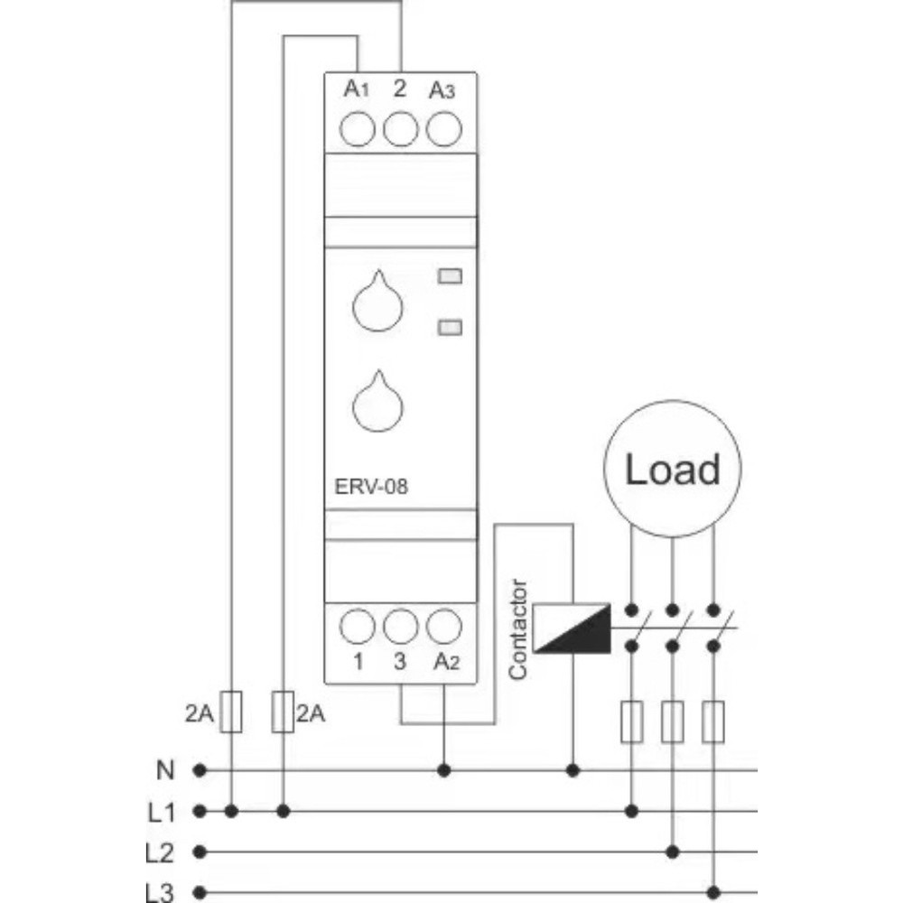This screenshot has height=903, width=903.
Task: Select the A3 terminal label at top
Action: (x=442, y=90)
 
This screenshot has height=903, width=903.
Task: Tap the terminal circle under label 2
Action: (x=401, y=129)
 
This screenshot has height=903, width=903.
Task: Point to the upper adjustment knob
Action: (x=374, y=305)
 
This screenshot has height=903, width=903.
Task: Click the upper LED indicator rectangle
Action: (x=450, y=277)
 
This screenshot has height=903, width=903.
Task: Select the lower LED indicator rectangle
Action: (x=450, y=327)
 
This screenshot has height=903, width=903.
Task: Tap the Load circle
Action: (x=673, y=470)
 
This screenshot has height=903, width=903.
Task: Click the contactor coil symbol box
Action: (x=572, y=628)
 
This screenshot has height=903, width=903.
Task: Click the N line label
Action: (x=164, y=770)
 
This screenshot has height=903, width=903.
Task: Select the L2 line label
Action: (x=160, y=852)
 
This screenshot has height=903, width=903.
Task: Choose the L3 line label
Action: (x=160, y=892)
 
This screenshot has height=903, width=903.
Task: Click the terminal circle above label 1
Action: (x=358, y=625)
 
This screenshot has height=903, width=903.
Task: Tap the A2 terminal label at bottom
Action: (x=446, y=662)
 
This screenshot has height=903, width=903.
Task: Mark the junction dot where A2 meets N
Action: (x=443, y=770)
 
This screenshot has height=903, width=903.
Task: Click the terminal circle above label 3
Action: (x=401, y=625)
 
